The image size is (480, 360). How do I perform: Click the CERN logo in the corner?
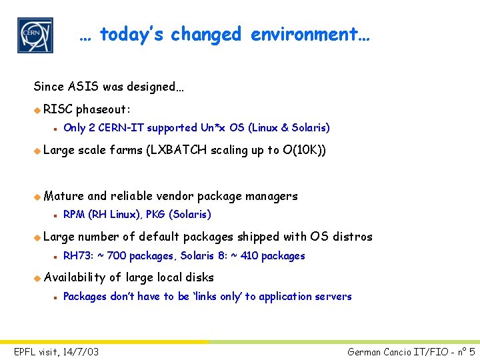pos(35,35)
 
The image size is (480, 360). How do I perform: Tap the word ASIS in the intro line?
pos(76,87)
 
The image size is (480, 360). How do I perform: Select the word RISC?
pos(58,109)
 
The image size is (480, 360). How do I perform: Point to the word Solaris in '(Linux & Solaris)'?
pos(309,127)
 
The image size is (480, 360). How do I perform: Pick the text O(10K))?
pos(305,150)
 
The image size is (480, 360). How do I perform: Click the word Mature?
pos(64,196)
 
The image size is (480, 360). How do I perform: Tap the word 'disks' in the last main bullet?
pos(201,277)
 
